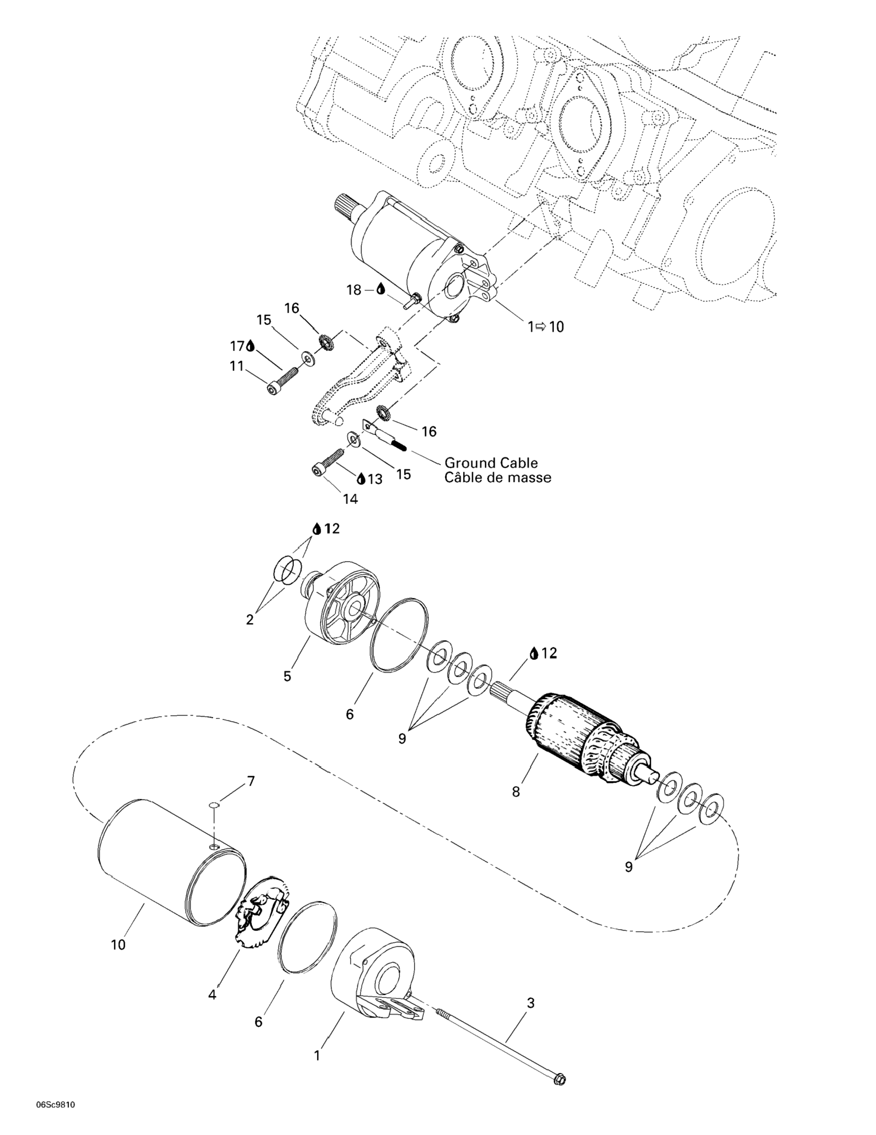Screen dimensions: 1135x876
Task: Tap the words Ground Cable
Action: click(x=491, y=462)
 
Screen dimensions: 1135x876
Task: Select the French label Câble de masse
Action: click(x=497, y=477)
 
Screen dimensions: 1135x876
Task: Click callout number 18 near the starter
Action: click(x=354, y=290)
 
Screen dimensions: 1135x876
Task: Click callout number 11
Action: click(x=237, y=366)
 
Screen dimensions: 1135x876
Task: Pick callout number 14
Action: click(x=350, y=499)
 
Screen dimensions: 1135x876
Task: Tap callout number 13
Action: click(x=375, y=478)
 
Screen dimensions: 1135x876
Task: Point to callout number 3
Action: click(x=530, y=1002)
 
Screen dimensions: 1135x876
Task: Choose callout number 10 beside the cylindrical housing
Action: click(x=119, y=944)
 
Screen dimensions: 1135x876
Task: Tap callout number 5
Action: click(x=287, y=676)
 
